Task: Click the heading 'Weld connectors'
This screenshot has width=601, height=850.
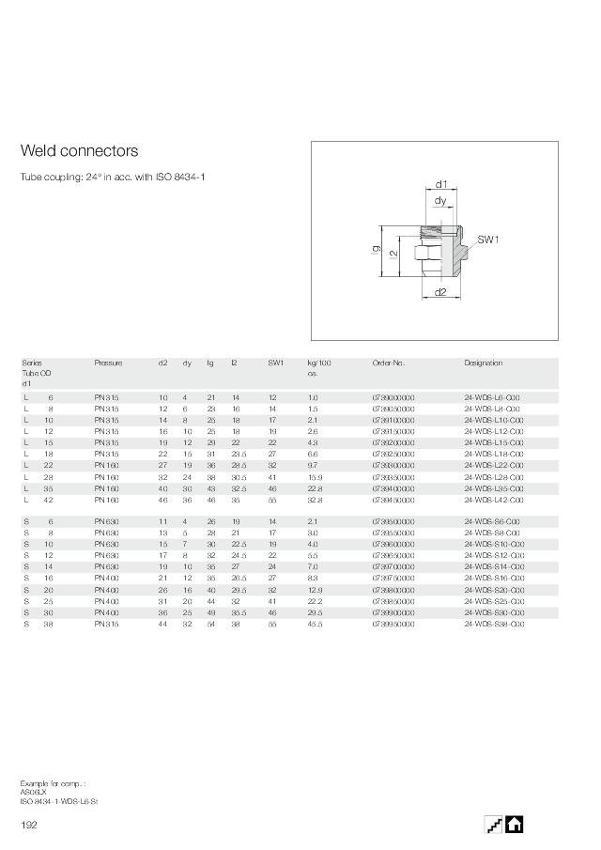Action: click(80, 151)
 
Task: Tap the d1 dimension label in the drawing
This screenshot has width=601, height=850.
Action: click(441, 185)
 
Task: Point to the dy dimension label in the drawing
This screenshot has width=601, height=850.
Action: click(440, 202)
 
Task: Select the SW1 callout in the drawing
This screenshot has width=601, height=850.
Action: click(488, 240)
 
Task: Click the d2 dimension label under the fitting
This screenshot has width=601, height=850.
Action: click(440, 292)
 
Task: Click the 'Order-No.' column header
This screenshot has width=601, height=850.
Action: click(389, 363)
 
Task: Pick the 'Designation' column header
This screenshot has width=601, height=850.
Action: click(484, 363)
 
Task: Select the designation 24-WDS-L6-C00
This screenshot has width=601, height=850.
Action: click(492, 398)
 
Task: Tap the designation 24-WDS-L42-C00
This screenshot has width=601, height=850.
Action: click(494, 501)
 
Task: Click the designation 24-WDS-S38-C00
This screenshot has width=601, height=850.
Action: click(494, 624)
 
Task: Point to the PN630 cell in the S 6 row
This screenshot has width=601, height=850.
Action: click(106, 521)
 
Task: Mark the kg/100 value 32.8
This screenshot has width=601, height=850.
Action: click(316, 501)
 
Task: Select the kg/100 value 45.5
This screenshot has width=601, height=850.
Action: click(316, 624)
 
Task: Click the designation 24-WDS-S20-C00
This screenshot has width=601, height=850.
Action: click(494, 590)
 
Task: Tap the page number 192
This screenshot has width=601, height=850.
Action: click(29, 825)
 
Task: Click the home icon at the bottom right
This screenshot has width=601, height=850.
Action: click(515, 825)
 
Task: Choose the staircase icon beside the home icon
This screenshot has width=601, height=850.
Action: click(493, 825)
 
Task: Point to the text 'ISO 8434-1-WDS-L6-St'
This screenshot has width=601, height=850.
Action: click(59, 801)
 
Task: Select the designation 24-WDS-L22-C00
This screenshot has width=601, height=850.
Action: click(494, 466)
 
